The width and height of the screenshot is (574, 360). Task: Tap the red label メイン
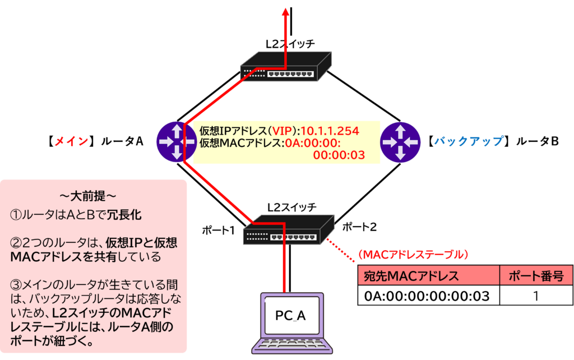click(71, 141)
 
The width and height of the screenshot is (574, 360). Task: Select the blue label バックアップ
click(469, 141)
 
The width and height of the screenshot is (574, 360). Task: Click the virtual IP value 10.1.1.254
click(330, 131)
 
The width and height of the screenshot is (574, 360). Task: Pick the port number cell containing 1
click(536, 295)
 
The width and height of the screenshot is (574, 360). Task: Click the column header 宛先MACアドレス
click(412, 276)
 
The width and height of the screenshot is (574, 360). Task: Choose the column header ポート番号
click(536, 276)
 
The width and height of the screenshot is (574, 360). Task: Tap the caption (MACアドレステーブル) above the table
click(412, 255)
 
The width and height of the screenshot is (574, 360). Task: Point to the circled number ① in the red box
click(16, 215)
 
